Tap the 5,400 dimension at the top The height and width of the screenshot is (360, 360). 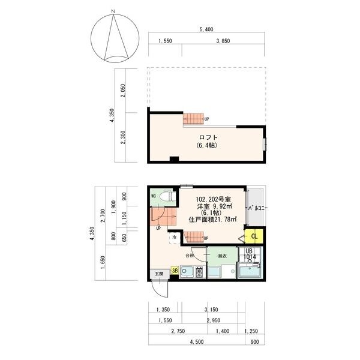coord(206,29)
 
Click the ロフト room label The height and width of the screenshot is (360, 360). coord(208,137)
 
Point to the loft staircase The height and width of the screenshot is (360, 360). coord(194,119)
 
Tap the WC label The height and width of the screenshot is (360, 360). coord(154,196)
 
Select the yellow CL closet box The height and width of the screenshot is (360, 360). coord(254,236)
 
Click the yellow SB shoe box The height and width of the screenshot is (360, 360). coord(175,271)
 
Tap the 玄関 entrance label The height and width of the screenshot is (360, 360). coord(159,274)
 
